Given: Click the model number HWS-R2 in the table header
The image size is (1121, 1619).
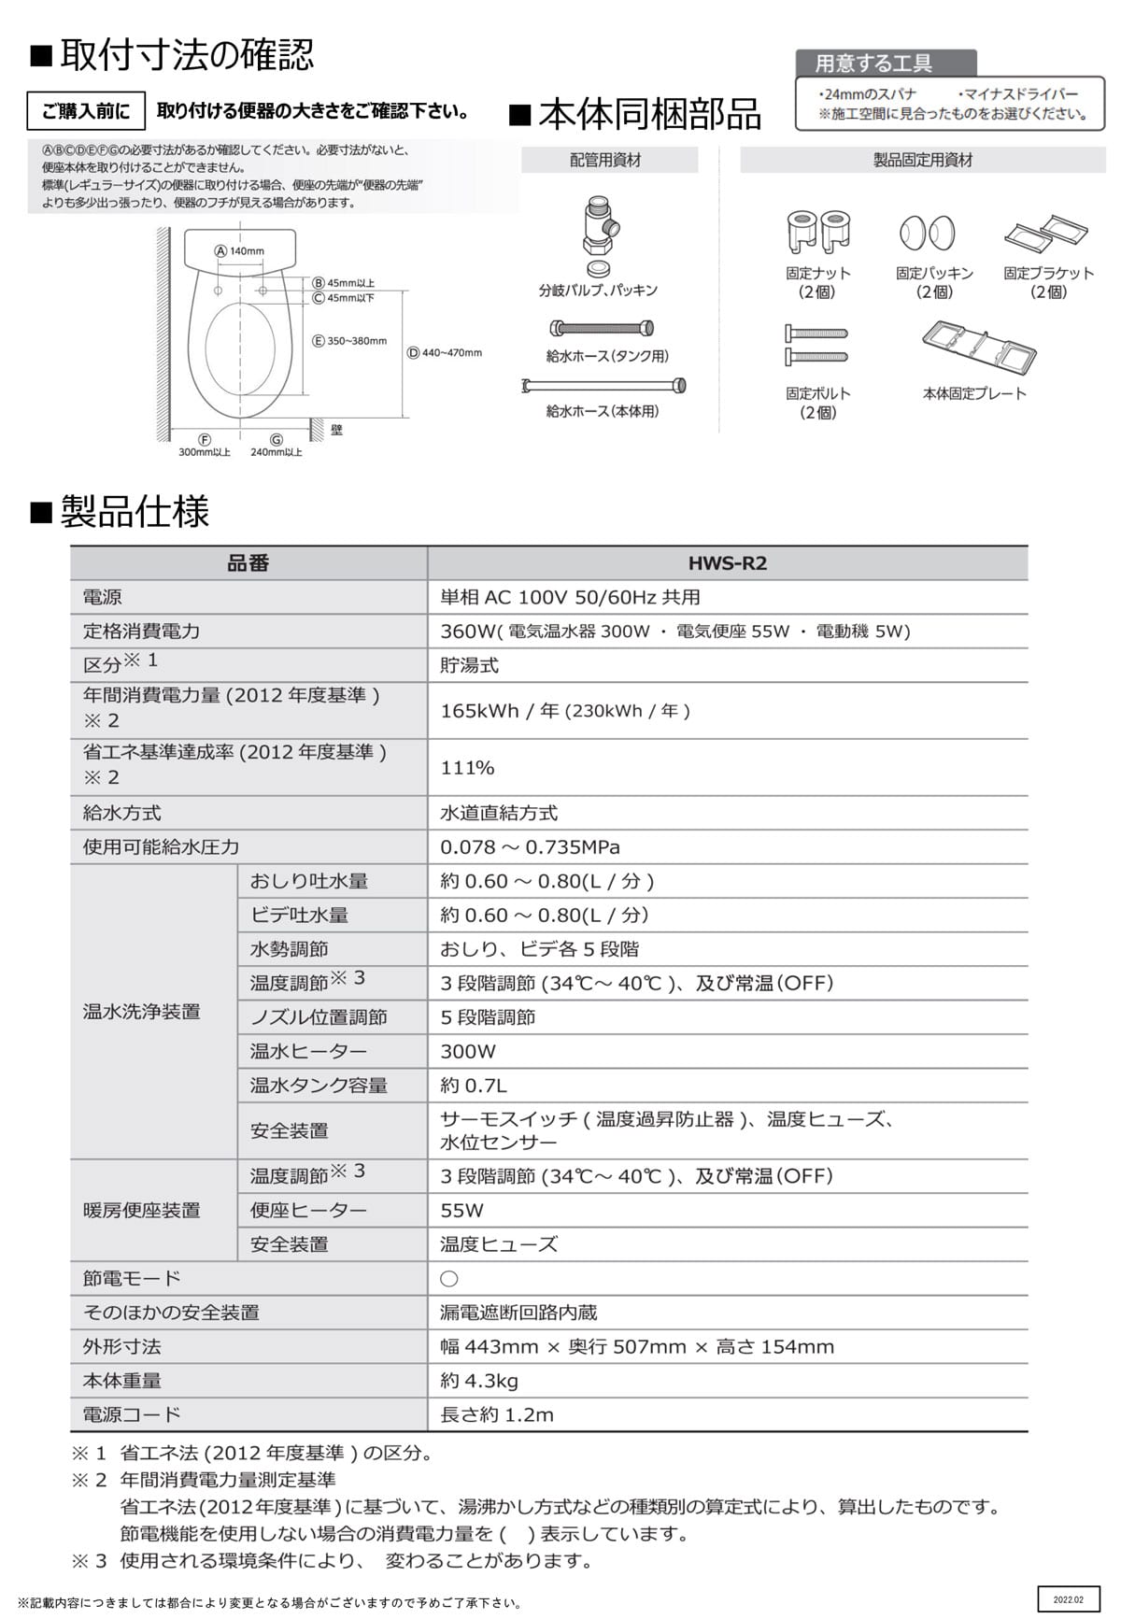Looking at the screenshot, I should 727,563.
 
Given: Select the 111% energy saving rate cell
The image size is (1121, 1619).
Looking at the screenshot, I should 467,768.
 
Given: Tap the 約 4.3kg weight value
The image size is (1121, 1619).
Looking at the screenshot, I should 479,1381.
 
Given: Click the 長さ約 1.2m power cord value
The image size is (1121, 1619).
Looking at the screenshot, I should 497,1414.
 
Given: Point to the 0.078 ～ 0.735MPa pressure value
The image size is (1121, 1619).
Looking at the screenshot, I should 530,847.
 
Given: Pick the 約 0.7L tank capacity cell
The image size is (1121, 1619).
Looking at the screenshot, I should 474,1086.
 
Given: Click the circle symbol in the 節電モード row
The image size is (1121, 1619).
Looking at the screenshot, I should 449,1279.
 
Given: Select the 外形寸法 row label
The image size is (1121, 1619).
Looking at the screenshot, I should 121,1346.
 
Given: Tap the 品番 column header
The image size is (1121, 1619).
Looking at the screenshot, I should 248,563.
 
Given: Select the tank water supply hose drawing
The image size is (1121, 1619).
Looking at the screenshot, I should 603,329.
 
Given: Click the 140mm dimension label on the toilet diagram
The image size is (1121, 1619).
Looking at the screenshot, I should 240,250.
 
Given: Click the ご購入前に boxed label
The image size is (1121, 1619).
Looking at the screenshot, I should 86,111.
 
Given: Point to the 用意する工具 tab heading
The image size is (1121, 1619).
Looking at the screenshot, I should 874,64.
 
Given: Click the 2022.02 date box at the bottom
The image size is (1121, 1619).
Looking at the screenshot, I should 1068,1599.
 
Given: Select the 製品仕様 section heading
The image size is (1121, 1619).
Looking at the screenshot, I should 135,512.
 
